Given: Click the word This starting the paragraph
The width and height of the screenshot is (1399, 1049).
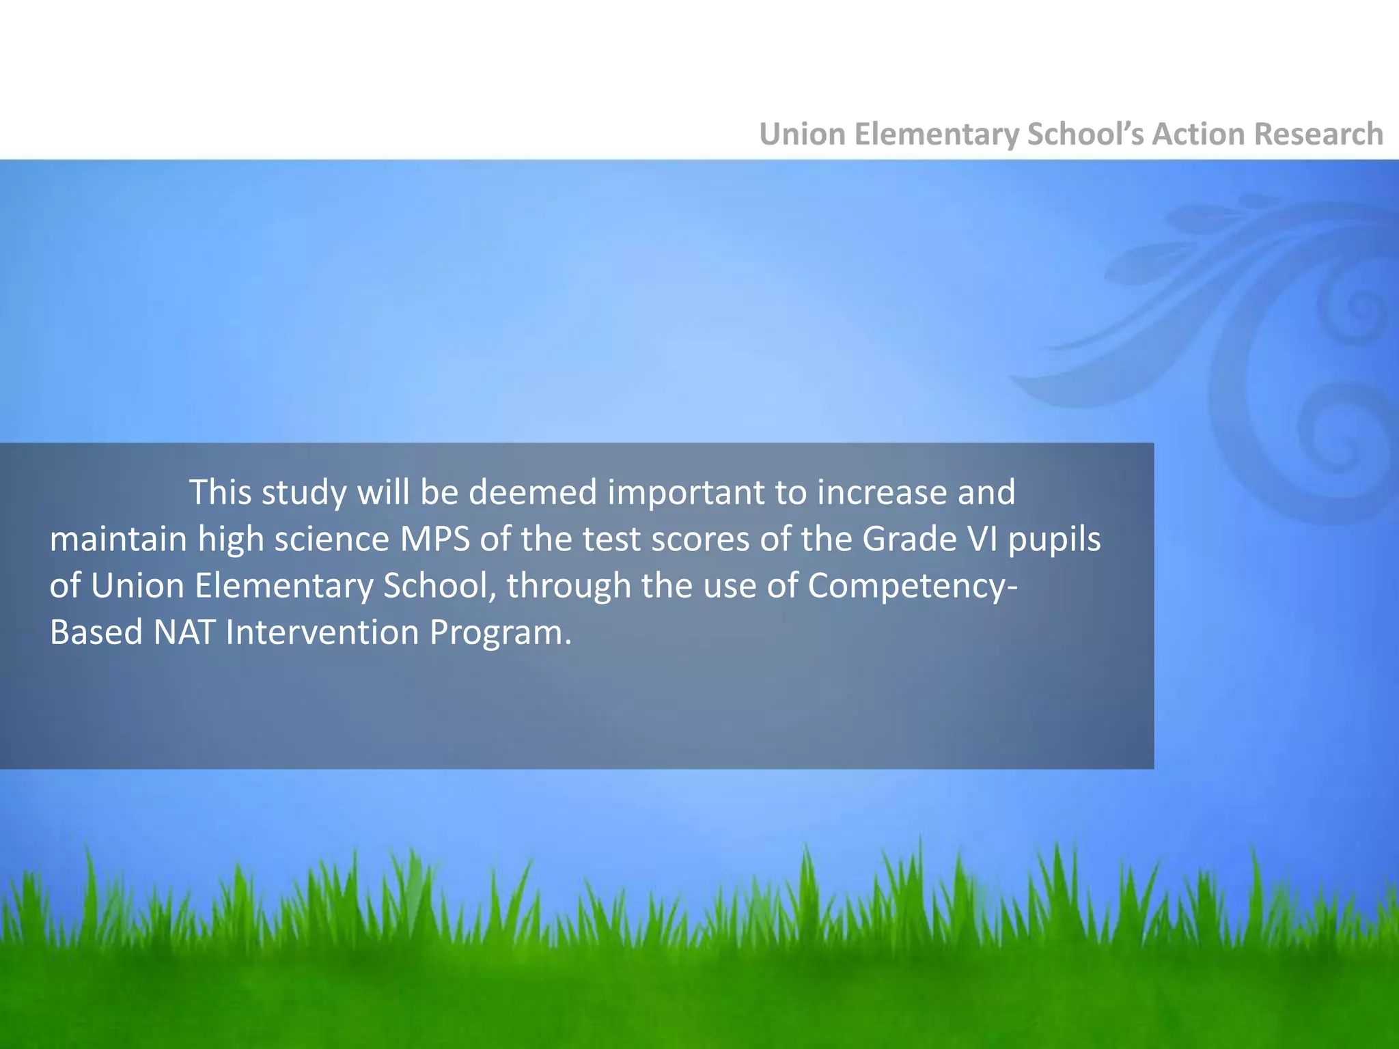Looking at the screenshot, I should tap(220, 492).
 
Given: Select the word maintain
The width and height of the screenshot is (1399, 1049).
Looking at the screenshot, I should tap(118, 540).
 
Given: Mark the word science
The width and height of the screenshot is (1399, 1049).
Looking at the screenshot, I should tap(331, 540).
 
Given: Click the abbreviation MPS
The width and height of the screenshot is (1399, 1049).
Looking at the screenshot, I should tap(435, 540).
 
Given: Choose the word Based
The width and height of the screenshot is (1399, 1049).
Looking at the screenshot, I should tap(96, 632).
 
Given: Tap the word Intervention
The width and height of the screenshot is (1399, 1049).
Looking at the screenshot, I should tap(322, 632).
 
